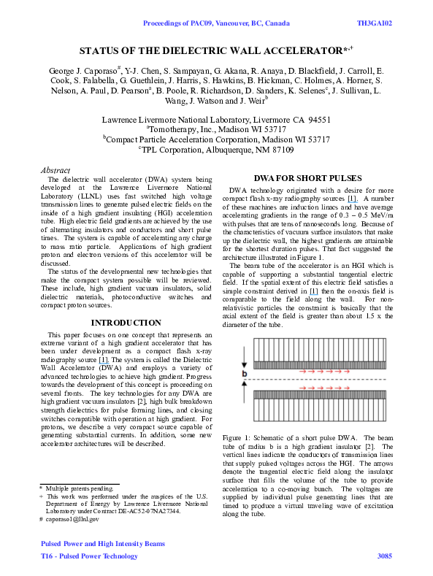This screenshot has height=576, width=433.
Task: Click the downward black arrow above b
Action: point(244,366)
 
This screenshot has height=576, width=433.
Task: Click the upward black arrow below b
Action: point(244,387)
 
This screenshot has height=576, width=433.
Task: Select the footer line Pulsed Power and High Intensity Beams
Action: point(94,544)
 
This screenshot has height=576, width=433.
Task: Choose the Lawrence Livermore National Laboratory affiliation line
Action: point(215,117)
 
